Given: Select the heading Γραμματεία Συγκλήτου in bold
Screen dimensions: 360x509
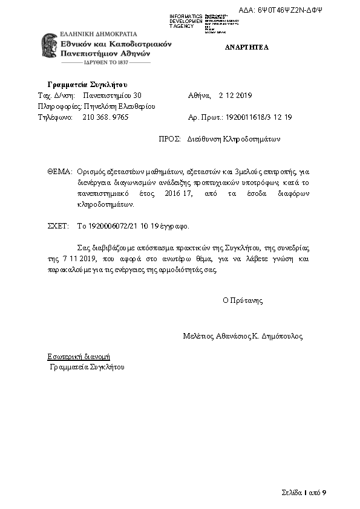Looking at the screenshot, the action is pyautogui.click(x=87, y=84).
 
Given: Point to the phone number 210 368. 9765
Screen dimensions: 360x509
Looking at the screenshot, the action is pyautogui.click(x=105, y=117).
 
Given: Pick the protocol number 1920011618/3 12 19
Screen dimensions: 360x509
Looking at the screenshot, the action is pyautogui.click(x=258, y=117).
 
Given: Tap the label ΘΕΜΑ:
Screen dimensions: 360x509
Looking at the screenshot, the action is pyautogui.click(x=59, y=172).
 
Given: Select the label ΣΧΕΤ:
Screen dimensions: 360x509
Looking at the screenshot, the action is pyautogui.click(x=59, y=226).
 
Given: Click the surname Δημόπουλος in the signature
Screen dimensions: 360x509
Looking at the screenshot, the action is pyautogui.click(x=281, y=336).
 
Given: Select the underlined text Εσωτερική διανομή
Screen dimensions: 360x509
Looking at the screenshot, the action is pyautogui.click(x=79, y=357).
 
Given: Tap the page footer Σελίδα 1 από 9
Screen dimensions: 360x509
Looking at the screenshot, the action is pyautogui.click(x=304, y=493).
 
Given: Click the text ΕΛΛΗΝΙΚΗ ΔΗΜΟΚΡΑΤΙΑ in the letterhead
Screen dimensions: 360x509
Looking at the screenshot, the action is pyautogui.click(x=99, y=34).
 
